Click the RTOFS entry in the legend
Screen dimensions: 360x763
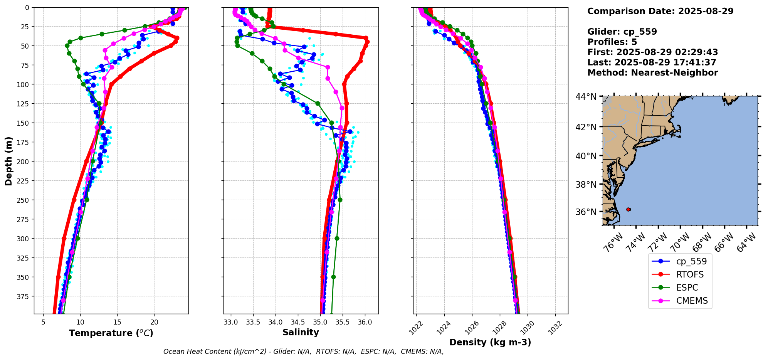(x=689, y=274)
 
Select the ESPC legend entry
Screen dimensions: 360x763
(x=687, y=288)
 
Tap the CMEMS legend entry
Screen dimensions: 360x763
(x=692, y=301)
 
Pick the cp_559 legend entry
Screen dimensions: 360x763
(x=691, y=261)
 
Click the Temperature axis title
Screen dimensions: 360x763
(x=111, y=333)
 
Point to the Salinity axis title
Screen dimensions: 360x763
(x=301, y=332)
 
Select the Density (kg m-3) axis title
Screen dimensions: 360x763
(x=490, y=342)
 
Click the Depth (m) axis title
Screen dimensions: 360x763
(x=8, y=161)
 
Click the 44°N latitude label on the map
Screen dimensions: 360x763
(x=586, y=97)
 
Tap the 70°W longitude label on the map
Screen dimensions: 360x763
(x=681, y=242)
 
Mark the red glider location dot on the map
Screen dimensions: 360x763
(x=629, y=209)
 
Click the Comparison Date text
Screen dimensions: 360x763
(x=660, y=11)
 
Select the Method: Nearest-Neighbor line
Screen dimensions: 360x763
(x=652, y=73)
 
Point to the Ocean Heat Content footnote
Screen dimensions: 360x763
(x=303, y=352)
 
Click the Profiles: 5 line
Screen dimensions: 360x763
(x=612, y=42)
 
